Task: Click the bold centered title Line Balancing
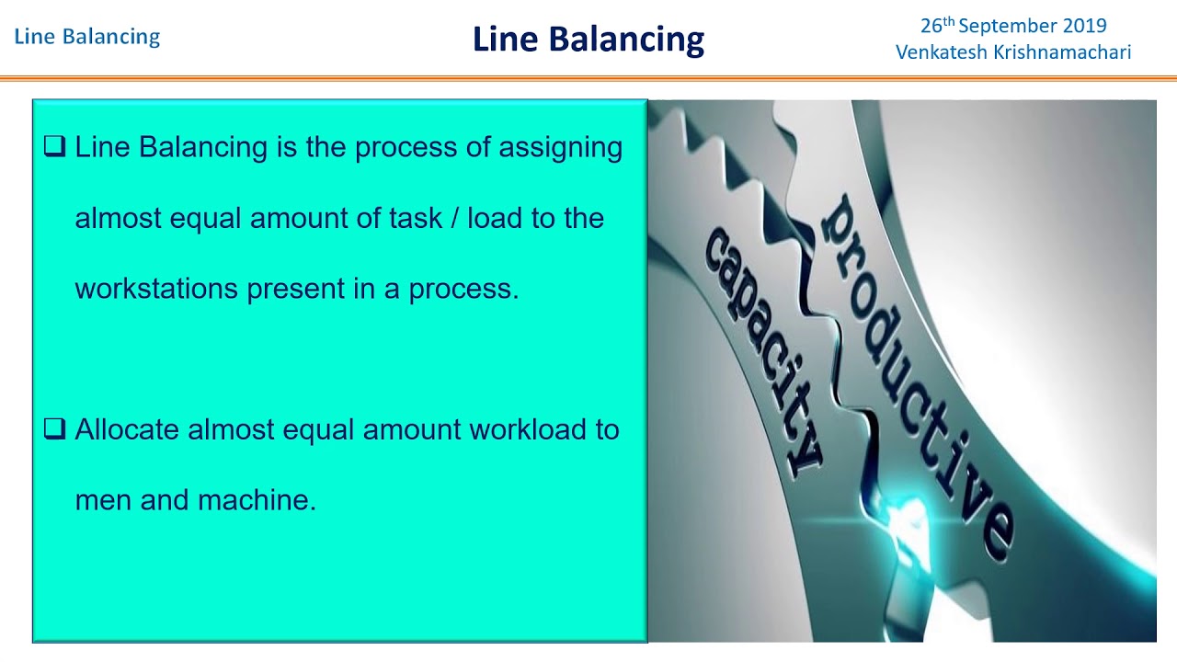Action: tap(588, 40)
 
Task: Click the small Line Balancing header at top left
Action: tap(87, 37)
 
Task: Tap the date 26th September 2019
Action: tap(1013, 26)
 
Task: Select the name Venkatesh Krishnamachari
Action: tap(1013, 52)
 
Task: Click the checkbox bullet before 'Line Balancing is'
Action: tap(54, 146)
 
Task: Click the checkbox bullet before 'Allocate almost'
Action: tap(54, 428)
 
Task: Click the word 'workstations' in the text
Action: tap(157, 289)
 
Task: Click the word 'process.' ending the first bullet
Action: tap(463, 290)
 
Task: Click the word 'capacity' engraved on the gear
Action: tap(762, 349)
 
